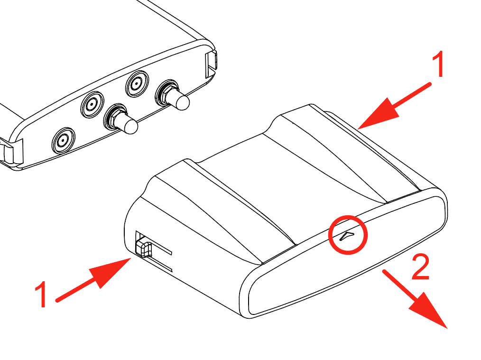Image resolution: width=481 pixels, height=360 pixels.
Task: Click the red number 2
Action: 420,266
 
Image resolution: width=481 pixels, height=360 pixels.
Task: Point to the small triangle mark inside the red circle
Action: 347,236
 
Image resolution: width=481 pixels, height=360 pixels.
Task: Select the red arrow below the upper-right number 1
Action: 394,106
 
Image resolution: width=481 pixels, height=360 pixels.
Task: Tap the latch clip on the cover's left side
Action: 143,248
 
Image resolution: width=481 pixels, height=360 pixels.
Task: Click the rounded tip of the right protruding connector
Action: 183,102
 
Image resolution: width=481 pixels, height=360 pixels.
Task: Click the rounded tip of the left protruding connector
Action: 131,126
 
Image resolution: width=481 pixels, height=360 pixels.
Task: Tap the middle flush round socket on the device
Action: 92,105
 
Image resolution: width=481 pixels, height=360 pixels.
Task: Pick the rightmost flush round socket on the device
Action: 137,83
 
